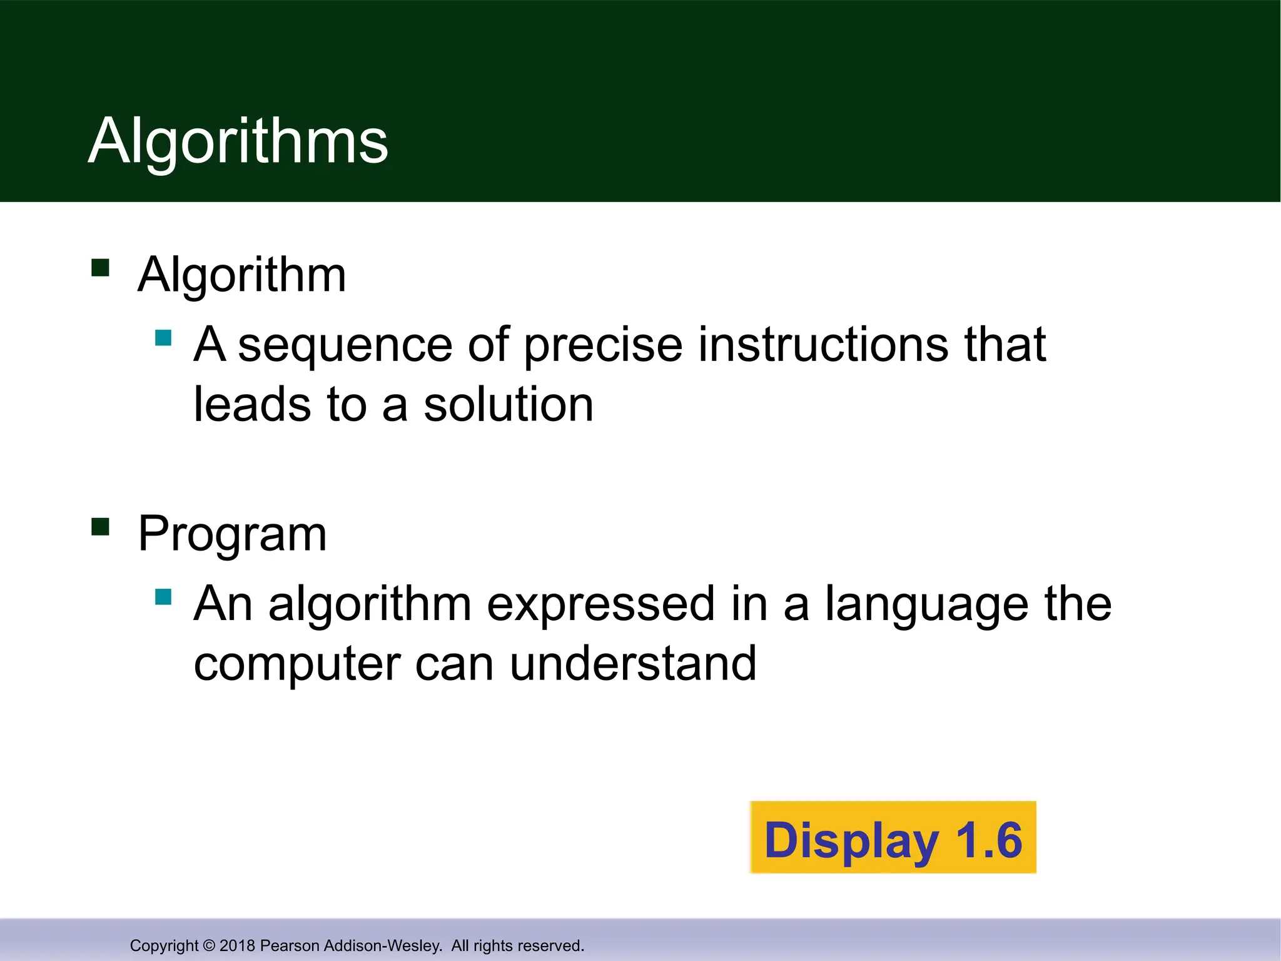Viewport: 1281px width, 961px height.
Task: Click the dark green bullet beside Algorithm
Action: pyautogui.click(x=100, y=268)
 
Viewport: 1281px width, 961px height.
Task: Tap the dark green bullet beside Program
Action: pyautogui.click(x=100, y=527)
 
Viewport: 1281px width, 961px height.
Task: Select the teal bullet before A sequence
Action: pyautogui.click(x=163, y=338)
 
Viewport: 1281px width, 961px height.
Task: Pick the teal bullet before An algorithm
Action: pyautogui.click(x=163, y=597)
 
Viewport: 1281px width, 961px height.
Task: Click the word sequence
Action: pyautogui.click(x=345, y=345)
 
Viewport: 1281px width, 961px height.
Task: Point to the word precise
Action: pyautogui.click(x=603, y=345)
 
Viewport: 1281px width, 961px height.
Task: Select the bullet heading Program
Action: pyautogui.click(x=232, y=534)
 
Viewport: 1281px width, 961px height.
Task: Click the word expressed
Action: pyautogui.click(x=600, y=604)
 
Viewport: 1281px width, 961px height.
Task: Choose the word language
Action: pyautogui.click(x=926, y=604)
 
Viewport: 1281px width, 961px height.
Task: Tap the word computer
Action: pyautogui.click(x=296, y=664)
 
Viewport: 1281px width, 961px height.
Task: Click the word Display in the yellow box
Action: pyautogui.click(x=851, y=840)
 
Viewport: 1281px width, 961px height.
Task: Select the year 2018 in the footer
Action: pyautogui.click(x=237, y=945)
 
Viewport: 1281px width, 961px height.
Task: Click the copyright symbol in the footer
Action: pyautogui.click(x=209, y=945)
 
